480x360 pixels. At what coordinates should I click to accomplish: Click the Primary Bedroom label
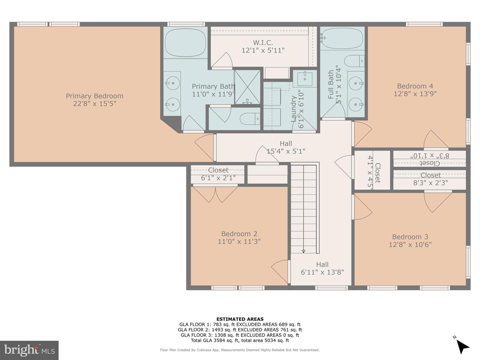tap(94, 96)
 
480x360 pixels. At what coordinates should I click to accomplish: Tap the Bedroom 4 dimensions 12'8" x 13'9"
tap(415, 94)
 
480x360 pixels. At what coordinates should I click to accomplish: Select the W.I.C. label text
tap(263, 42)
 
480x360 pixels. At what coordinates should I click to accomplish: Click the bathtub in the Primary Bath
tap(185, 42)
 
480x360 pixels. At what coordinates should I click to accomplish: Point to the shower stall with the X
tap(248, 87)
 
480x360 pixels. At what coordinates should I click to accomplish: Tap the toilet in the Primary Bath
tap(250, 119)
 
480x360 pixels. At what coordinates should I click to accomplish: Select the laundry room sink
tap(305, 78)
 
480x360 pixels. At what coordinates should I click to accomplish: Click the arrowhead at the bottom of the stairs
tap(303, 251)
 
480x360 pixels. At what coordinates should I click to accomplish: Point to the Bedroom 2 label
tap(239, 234)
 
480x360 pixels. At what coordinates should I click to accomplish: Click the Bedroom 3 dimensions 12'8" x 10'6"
tap(410, 244)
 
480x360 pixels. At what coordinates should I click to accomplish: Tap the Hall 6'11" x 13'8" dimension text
tap(322, 272)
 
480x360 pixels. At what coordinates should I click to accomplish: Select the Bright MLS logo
tap(29, 350)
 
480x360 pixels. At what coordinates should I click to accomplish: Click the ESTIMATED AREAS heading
tap(240, 319)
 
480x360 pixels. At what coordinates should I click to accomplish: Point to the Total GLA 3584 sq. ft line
tap(240, 340)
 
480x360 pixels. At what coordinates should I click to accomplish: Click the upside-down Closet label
tap(430, 163)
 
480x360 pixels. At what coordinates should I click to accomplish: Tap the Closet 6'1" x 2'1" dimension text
tap(218, 178)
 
